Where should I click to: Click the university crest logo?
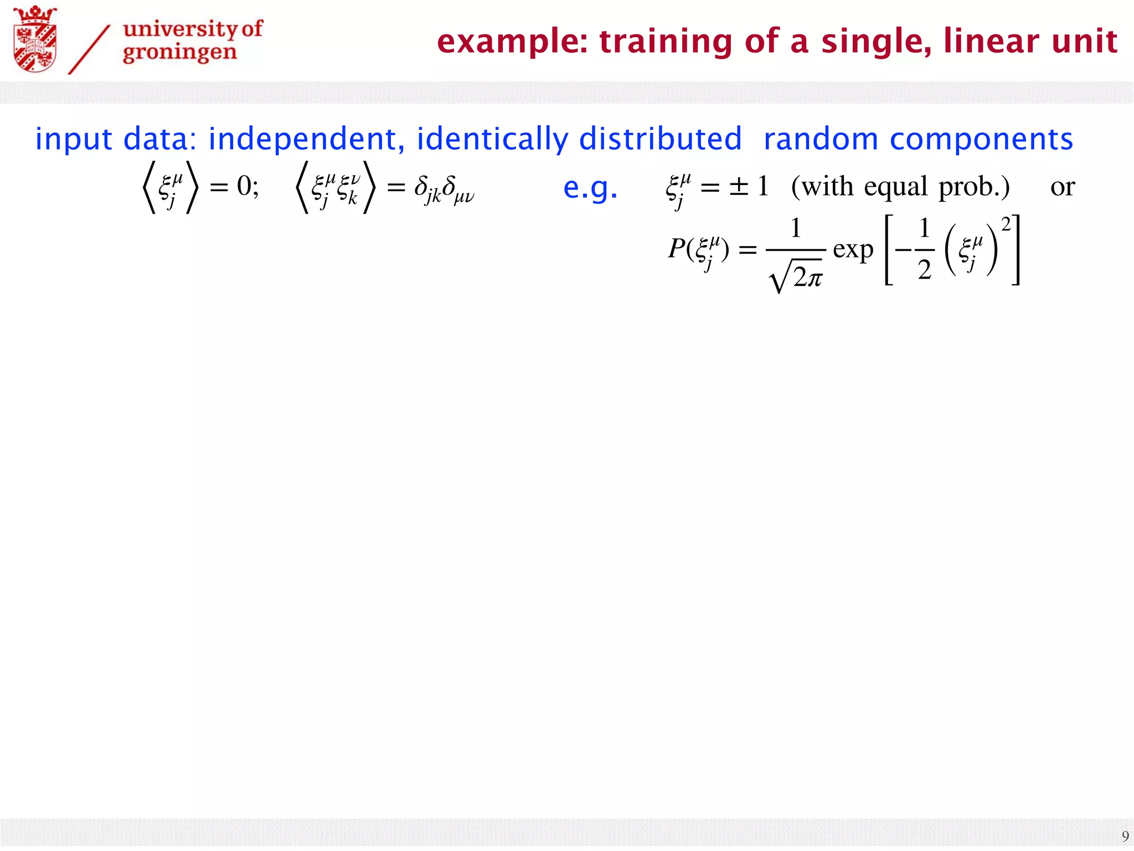(x=34, y=39)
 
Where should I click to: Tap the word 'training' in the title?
(x=666, y=42)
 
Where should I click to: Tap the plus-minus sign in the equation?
(x=739, y=186)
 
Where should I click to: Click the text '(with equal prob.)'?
(x=900, y=186)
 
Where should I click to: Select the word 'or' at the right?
(x=1062, y=187)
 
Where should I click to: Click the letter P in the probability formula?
(x=677, y=249)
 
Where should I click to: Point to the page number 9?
(x=1125, y=836)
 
